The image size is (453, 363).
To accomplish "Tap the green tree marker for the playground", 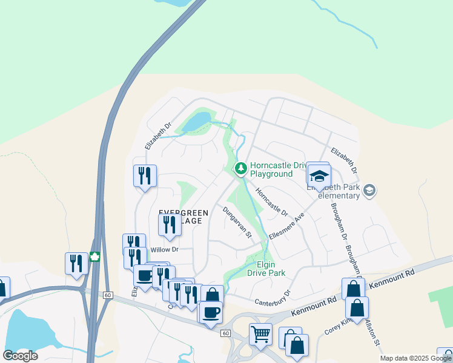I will point(241,168).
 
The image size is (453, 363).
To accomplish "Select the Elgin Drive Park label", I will point(266,269).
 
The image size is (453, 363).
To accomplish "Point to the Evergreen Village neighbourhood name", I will point(184,217).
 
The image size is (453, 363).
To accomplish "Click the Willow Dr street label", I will point(165,249).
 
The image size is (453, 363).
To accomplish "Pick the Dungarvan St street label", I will point(236,222).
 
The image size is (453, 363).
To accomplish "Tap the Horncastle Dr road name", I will point(271,202).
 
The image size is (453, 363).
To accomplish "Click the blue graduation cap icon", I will point(319,176).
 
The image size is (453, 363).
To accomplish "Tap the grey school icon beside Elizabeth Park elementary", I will point(369,191).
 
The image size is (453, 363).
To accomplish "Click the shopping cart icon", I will point(260,333).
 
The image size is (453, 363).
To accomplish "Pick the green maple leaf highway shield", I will point(94,257).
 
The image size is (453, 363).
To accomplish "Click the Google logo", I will point(21,356).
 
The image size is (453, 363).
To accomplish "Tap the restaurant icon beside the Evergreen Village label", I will point(170,225).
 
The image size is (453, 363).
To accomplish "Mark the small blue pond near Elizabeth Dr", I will point(197,122).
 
